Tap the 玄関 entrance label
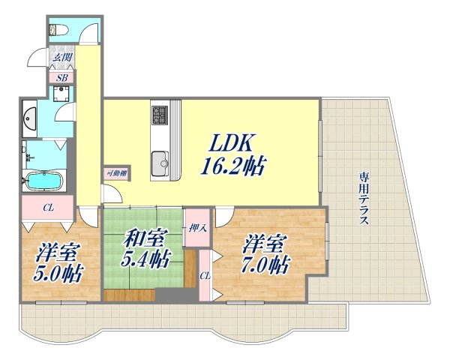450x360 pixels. tap(60, 57)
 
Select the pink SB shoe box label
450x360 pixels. tap(61, 76)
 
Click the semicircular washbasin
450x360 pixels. tap(31, 117)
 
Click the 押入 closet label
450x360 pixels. tap(196, 228)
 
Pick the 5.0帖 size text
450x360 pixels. tap(58, 271)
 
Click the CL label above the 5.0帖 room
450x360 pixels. tap(47, 208)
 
